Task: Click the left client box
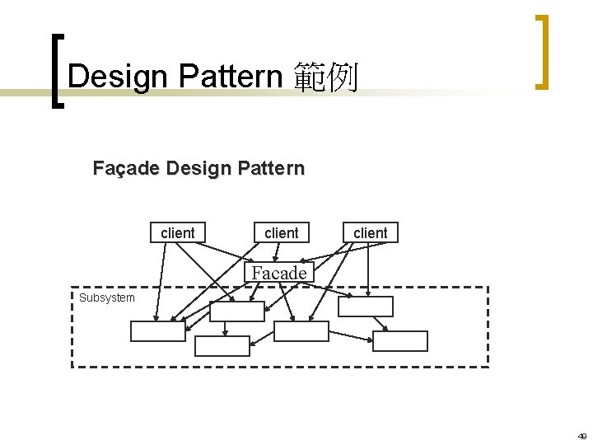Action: pos(177,233)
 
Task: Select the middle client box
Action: pos(281,233)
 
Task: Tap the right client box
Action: pos(370,233)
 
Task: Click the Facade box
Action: pos(279,273)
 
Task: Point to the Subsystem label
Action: pos(106,297)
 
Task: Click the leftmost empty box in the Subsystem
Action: pos(158,331)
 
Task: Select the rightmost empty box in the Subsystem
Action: pos(400,341)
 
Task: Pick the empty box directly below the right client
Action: pos(366,307)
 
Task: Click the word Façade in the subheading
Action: pos(127,169)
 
